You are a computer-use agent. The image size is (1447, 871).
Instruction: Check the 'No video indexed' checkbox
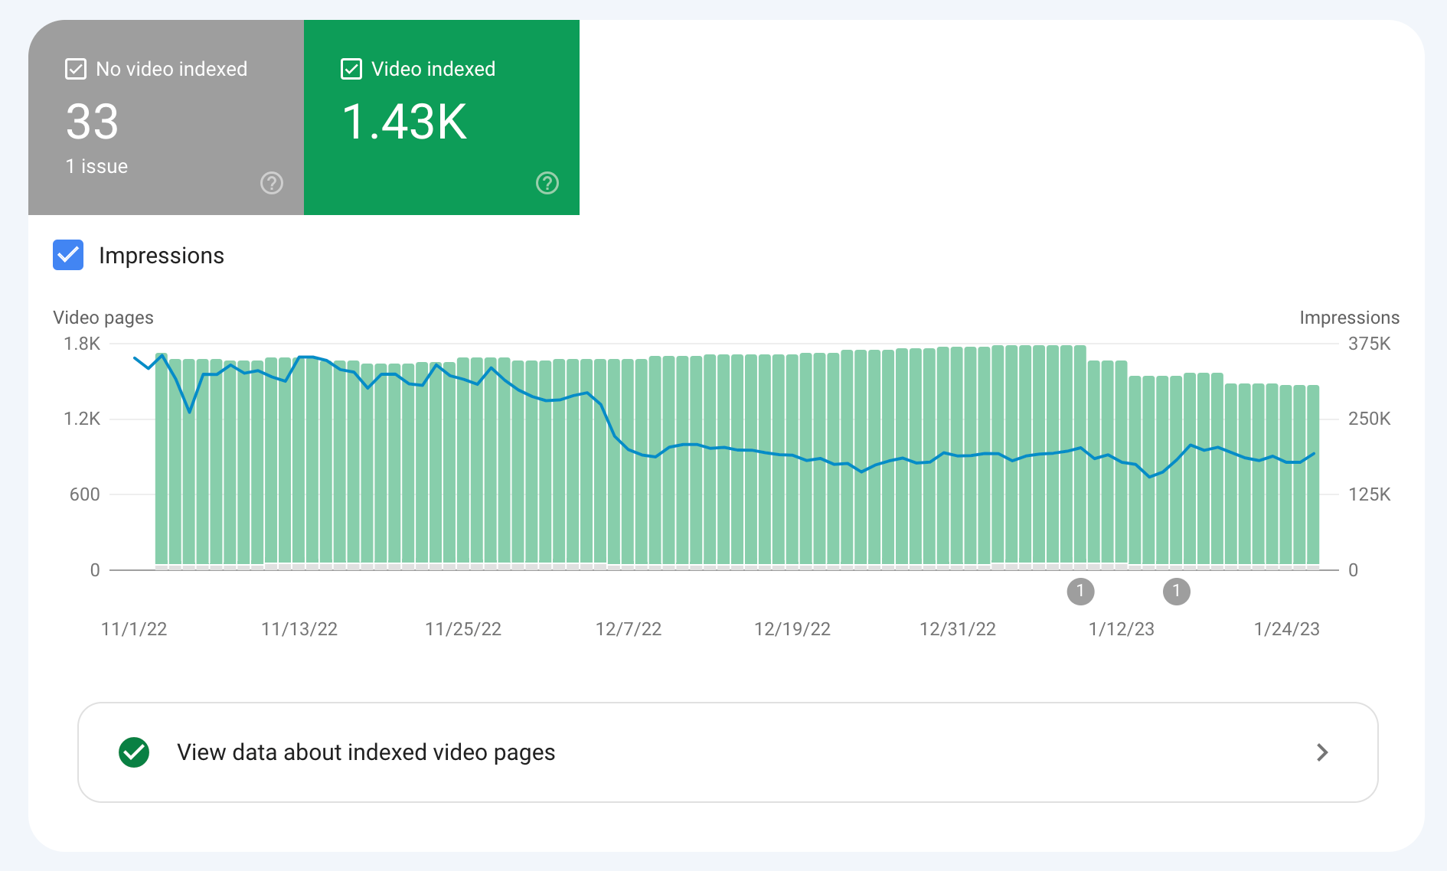point(76,69)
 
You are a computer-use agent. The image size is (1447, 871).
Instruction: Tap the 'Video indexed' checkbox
point(351,69)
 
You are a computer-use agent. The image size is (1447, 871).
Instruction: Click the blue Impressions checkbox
point(68,255)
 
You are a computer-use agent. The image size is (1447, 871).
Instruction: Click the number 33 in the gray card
point(93,122)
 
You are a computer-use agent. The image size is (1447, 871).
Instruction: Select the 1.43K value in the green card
point(404,122)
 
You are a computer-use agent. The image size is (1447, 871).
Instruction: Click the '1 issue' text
point(96,166)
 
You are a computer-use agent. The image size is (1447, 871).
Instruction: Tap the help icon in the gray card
point(272,183)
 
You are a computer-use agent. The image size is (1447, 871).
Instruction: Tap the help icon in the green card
point(547,183)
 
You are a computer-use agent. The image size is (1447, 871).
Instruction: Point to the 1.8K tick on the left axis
point(82,344)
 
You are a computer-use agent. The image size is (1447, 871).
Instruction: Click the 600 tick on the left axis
point(84,494)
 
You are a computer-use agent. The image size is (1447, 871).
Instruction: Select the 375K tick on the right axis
point(1369,344)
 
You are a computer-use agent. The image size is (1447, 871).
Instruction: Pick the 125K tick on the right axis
point(1369,494)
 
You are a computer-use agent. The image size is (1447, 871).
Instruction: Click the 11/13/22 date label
point(299,629)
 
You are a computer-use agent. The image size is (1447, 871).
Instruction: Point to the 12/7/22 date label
point(629,629)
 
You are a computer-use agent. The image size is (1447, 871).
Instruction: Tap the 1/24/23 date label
point(1286,629)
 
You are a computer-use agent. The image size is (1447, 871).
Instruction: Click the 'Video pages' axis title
point(103,318)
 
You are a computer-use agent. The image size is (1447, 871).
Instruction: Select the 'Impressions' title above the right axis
point(1349,318)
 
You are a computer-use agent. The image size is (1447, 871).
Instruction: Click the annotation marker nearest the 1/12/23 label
point(1080,591)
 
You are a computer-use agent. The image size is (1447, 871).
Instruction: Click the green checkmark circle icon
point(134,752)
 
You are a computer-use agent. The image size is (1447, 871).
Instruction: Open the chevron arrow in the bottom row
point(1322,752)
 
